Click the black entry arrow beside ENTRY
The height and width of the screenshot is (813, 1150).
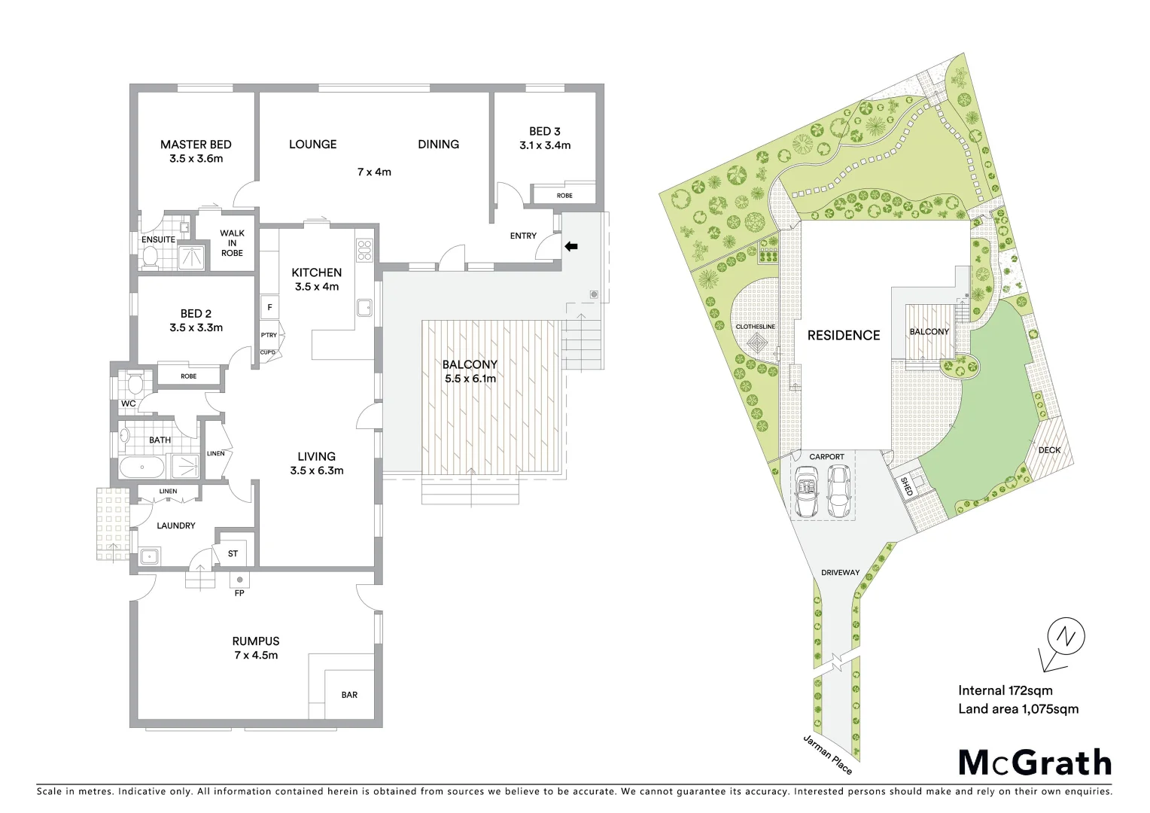pos(571,245)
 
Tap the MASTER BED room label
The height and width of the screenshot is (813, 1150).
pos(196,145)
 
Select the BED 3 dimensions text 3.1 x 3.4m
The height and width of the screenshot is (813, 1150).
pos(545,145)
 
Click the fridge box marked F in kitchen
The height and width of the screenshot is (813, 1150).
pos(269,307)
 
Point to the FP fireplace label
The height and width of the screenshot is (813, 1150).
pos(239,593)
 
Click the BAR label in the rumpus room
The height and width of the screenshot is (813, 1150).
pos(349,695)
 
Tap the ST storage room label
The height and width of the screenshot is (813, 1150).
pos(233,554)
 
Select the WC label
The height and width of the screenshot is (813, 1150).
pos(129,403)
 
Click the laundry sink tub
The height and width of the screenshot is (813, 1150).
pos(149,558)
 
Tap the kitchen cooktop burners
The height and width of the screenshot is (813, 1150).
pos(365,250)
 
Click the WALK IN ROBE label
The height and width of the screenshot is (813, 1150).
pos(232,243)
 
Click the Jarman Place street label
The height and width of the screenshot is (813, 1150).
pos(828,754)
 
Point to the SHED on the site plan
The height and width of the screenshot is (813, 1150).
pos(907,486)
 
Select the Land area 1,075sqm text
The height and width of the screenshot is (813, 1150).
pos(1018,708)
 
